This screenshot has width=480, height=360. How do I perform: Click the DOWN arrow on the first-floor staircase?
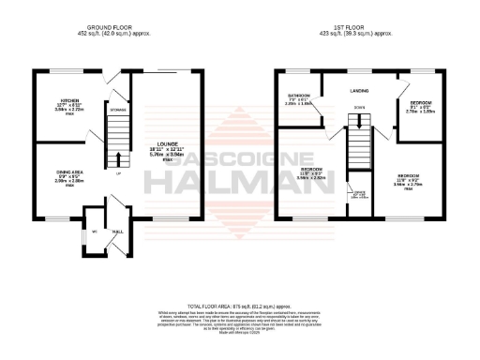[x=359, y=107]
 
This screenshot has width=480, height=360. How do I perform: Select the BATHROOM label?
[x=299, y=96]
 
